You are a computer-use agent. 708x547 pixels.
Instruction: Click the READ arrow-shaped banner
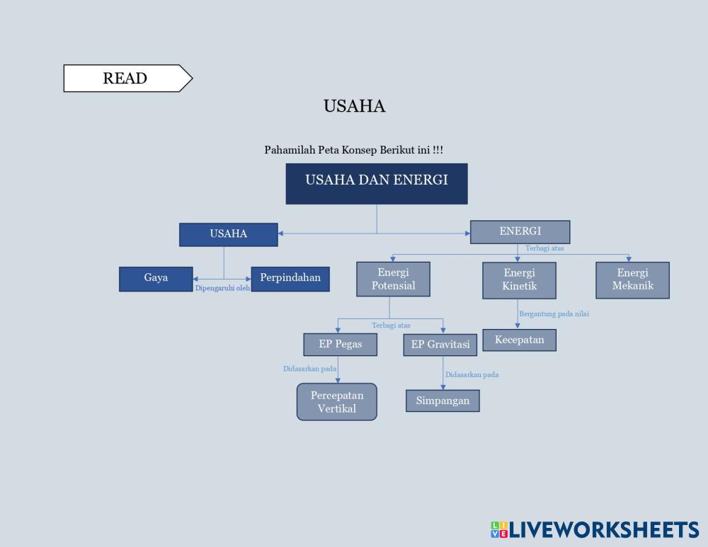click(x=126, y=79)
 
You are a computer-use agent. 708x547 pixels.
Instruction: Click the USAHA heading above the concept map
click(x=354, y=106)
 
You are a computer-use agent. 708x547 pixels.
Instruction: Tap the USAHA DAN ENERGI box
click(x=376, y=183)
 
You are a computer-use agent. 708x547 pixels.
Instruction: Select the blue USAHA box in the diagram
click(x=228, y=234)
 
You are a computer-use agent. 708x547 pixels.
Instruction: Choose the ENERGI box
click(x=520, y=232)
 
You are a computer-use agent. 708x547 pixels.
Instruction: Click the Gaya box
click(x=156, y=279)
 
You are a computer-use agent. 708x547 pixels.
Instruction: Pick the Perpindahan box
click(x=290, y=279)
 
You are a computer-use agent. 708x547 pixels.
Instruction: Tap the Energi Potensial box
click(x=394, y=280)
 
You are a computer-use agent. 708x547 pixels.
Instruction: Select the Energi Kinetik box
click(x=519, y=280)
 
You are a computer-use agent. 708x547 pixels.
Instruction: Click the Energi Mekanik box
click(x=632, y=280)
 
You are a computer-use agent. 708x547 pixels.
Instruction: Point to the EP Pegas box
click(x=340, y=345)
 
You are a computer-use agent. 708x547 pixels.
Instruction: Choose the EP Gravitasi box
click(x=440, y=345)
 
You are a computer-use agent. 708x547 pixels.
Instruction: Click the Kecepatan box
click(x=519, y=340)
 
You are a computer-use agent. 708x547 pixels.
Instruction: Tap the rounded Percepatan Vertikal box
click(x=337, y=402)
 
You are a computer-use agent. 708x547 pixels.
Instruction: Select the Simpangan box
click(x=442, y=401)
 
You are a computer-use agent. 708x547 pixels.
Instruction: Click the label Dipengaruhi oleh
click(x=222, y=289)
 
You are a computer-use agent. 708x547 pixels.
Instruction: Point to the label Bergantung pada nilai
click(x=554, y=314)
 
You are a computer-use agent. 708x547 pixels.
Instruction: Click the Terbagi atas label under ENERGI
click(x=544, y=248)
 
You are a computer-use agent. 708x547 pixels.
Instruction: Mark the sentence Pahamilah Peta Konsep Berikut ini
click(x=353, y=150)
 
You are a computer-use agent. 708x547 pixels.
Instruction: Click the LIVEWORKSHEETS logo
click(x=594, y=530)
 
